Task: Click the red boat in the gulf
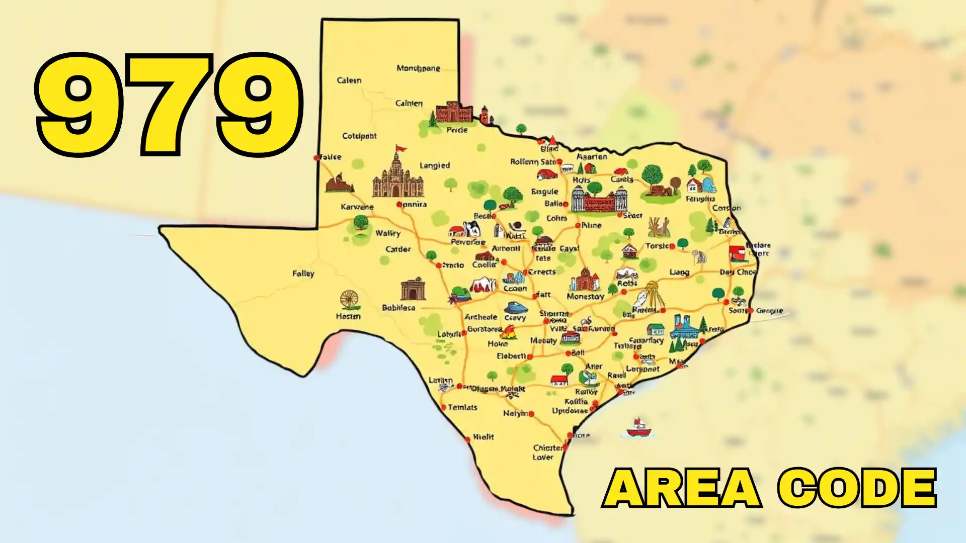click(x=638, y=429)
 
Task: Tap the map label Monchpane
click(x=418, y=68)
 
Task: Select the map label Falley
click(x=303, y=274)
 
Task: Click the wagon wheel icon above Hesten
click(x=349, y=300)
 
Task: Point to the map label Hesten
click(x=348, y=316)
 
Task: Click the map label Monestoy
click(x=585, y=297)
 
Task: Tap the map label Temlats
click(x=462, y=407)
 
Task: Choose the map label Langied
click(x=435, y=165)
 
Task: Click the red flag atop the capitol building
click(x=401, y=148)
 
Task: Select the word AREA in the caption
click(x=682, y=488)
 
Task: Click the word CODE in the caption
click(x=857, y=488)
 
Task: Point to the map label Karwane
click(x=357, y=207)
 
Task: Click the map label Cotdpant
click(x=359, y=136)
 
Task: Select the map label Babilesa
click(x=398, y=308)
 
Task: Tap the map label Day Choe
click(x=738, y=272)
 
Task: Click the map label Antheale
click(x=480, y=317)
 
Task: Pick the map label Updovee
click(x=570, y=411)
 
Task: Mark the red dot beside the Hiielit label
click(x=468, y=439)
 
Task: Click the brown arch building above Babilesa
click(x=413, y=289)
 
